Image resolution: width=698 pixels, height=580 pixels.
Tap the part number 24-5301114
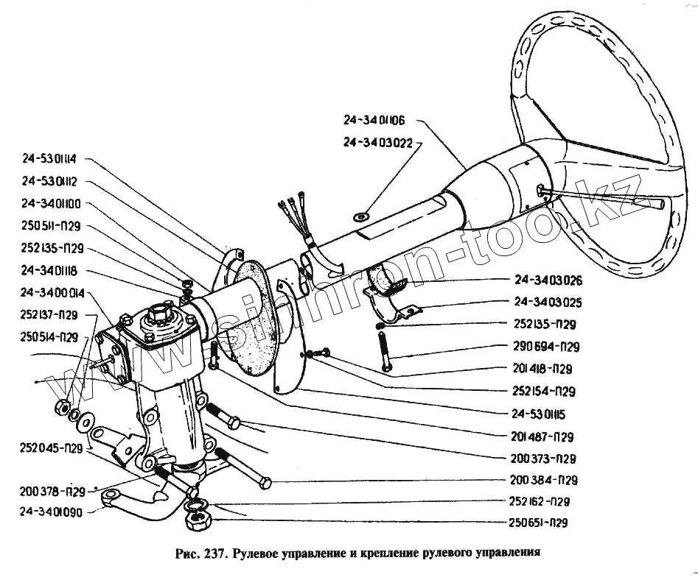click(x=54, y=158)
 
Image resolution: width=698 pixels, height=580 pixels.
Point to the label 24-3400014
click(x=54, y=292)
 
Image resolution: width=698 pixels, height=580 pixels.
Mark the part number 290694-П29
click(x=546, y=346)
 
